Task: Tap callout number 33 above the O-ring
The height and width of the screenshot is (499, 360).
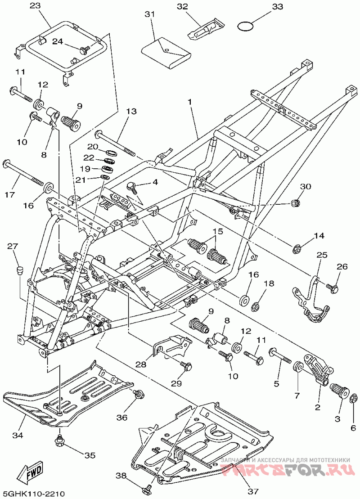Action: pyautogui.click(x=277, y=6)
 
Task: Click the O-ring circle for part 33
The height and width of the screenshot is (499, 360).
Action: pyautogui.click(x=245, y=27)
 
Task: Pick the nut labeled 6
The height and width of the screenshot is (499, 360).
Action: pyautogui.click(x=353, y=399)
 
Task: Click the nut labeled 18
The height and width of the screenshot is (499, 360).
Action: pyautogui.click(x=255, y=307)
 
